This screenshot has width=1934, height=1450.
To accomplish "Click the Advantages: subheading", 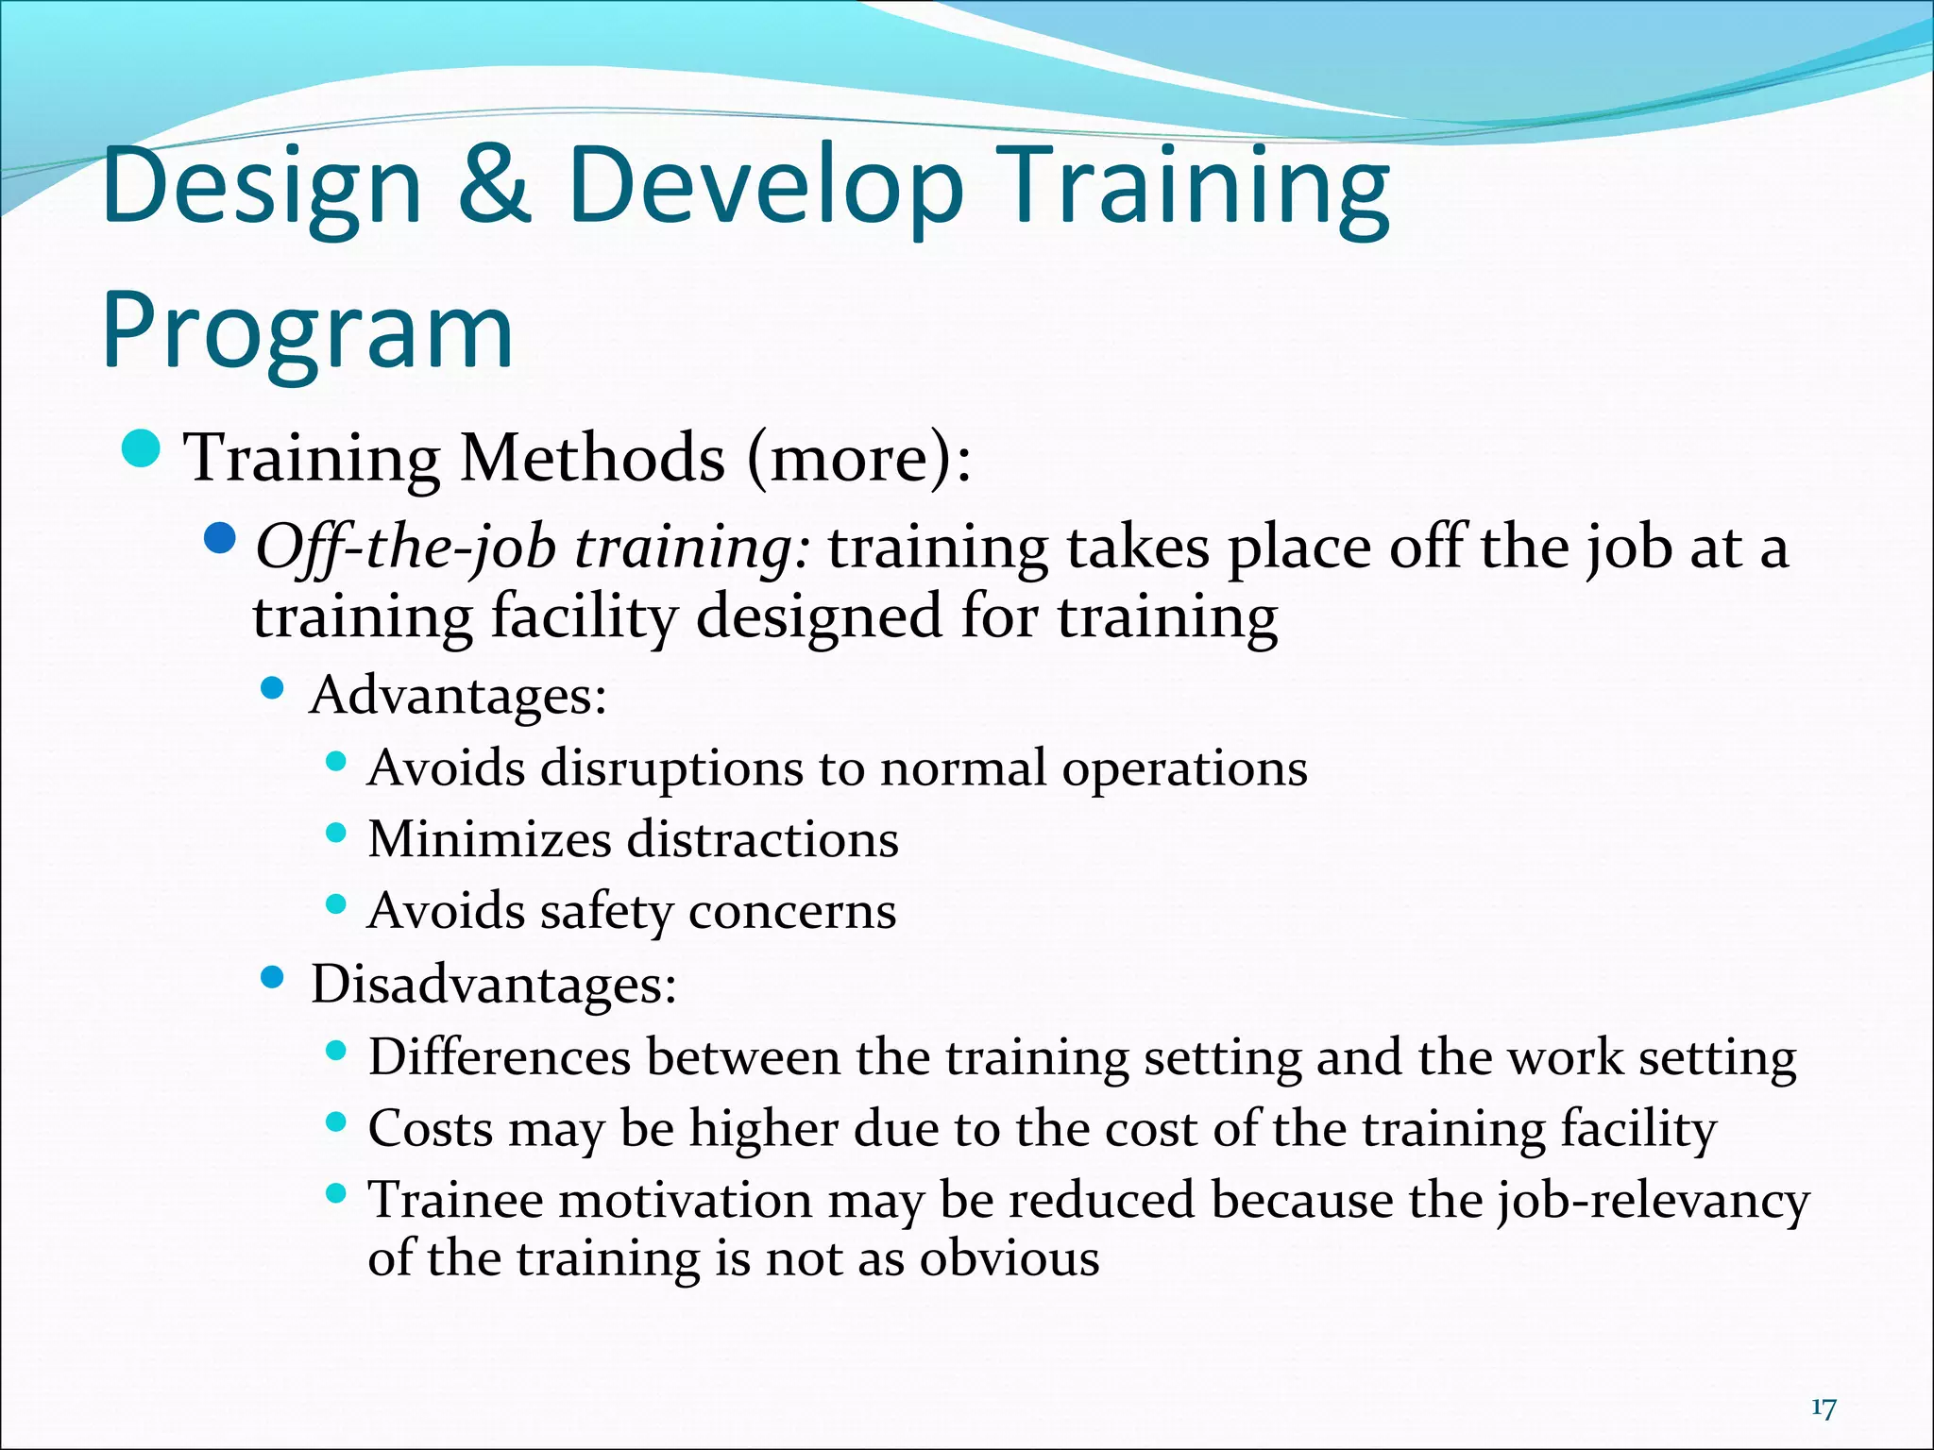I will tap(458, 696).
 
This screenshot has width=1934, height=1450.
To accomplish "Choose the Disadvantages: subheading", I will tap(493, 985).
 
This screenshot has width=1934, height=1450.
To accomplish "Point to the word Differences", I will tap(499, 1056).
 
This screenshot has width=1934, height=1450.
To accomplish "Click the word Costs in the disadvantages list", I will tap(431, 1129).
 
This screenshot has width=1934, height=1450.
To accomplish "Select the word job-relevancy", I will tap(1654, 1202).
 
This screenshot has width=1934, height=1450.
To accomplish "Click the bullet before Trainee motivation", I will tap(335, 1193).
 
